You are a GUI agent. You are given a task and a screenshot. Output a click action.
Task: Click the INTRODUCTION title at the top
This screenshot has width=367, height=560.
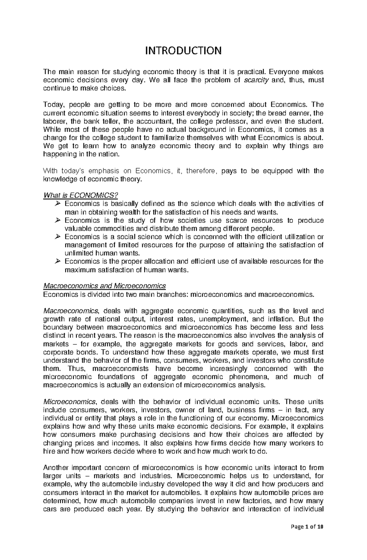pos(183,50)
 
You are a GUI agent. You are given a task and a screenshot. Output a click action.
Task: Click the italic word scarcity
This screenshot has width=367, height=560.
pos(256,80)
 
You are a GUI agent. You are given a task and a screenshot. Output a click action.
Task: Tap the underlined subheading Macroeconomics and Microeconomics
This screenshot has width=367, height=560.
pos(105,286)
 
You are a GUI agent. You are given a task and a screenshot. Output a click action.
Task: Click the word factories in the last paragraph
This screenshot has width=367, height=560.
pos(257,501)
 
